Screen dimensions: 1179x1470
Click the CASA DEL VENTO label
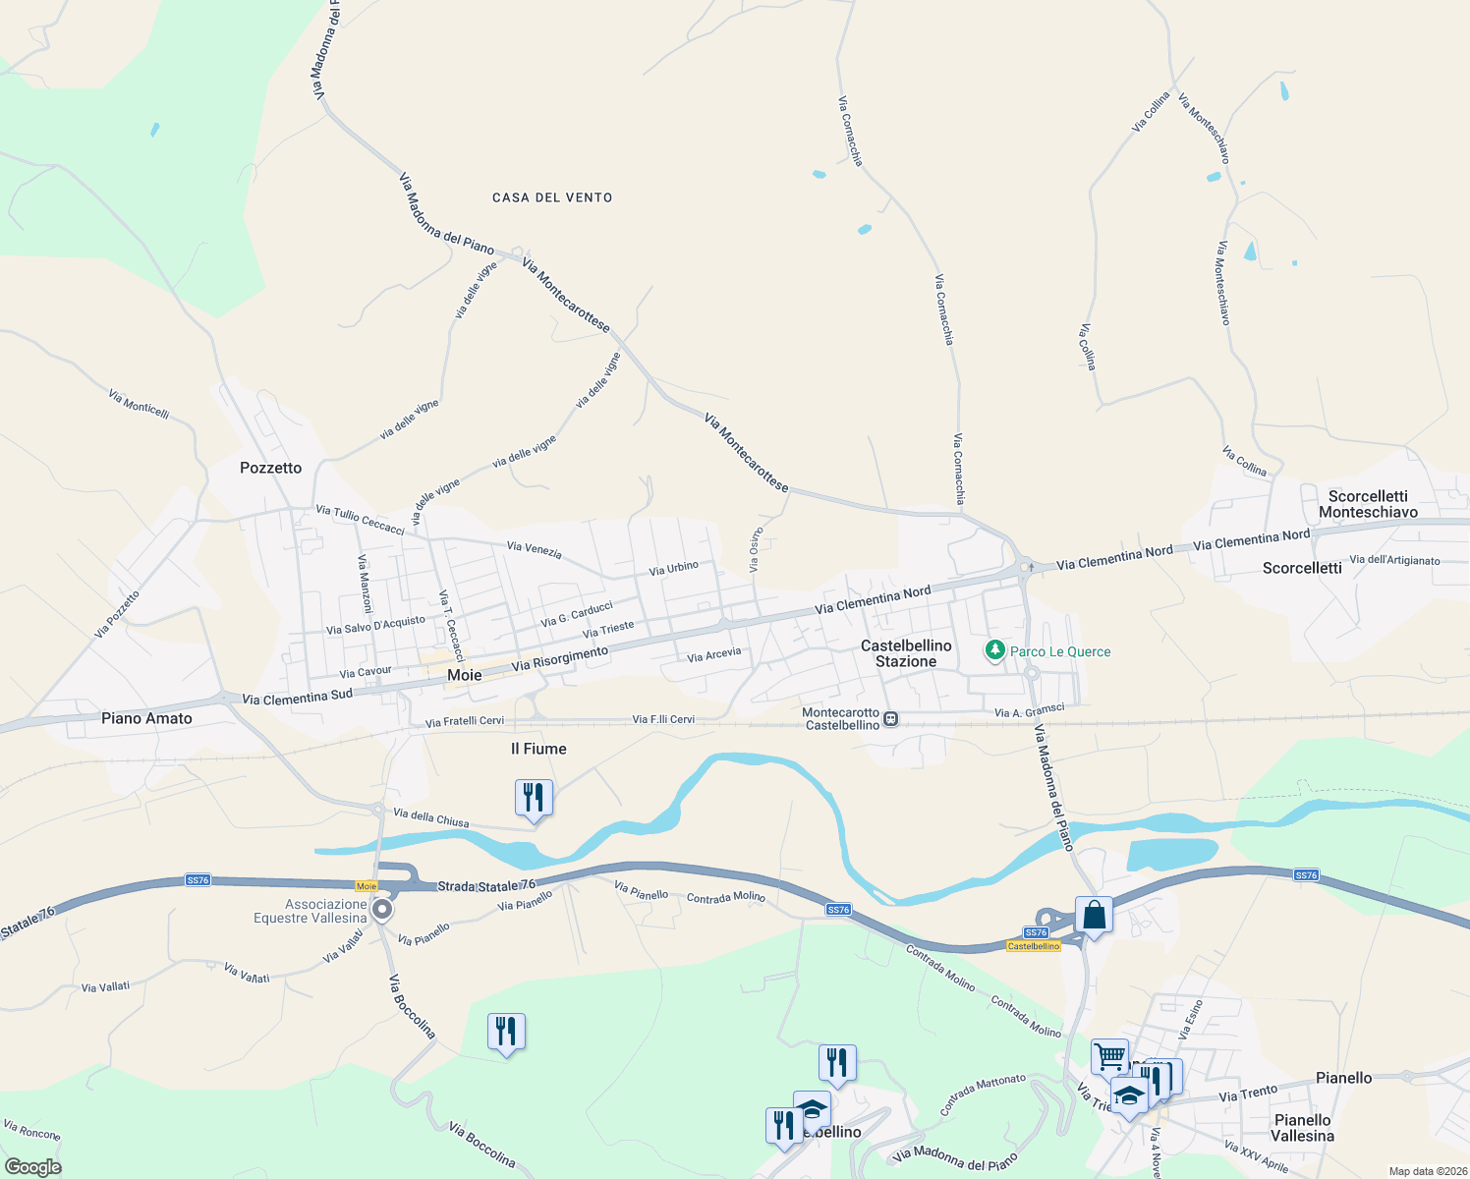tap(552, 197)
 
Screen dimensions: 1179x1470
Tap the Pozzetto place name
tap(271, 468)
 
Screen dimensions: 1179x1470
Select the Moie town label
tap(465, 675)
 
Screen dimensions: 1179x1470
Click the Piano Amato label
tap(146, 718)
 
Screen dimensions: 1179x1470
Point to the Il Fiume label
tap(538, 749)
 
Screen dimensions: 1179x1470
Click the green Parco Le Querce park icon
tap(995, 650)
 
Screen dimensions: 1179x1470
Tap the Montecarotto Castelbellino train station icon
tap(890, 718)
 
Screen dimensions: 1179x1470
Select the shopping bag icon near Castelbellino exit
tap(1094, 915)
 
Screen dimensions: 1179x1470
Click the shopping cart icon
tap(1109, 1057)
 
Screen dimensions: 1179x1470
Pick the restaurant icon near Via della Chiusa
tap(534, 797)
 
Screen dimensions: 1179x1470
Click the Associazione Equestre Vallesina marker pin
tap(383, 910)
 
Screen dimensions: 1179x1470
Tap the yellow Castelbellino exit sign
tap(1034, 946)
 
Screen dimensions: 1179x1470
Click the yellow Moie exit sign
tap(367, 886)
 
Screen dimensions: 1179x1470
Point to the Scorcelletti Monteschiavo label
tap(1368, 504)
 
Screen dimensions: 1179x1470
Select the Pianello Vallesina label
tap(1302, 1128)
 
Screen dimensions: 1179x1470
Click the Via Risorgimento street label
tap(560, 659)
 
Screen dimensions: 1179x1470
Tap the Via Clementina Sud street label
tap(297, 698)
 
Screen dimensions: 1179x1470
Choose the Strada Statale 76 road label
tap(486, 886)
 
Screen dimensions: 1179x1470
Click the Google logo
tap(32, 1166)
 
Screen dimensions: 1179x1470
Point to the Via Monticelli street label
tap(139, 404)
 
